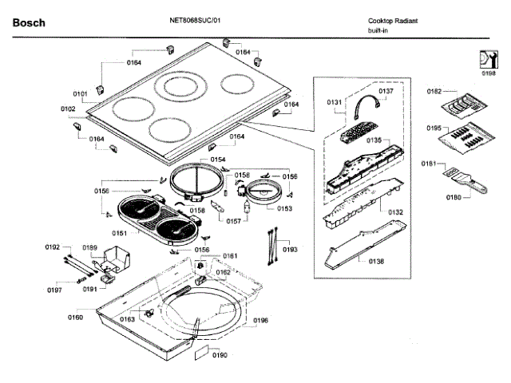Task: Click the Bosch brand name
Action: point(29,23)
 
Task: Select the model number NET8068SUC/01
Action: point(195,20)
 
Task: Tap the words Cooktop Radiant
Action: point(393,21)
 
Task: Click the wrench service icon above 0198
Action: point(489,59)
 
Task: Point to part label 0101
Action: point(80,94)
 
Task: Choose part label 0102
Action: point(68,109)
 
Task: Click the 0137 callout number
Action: point(386,91)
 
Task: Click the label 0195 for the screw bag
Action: point(434,128)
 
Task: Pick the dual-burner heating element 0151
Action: point(158,219)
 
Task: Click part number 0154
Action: point(218,160)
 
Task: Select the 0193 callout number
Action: point(290,250)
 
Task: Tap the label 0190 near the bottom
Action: point(220,355)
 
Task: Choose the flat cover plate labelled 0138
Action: point(366,244)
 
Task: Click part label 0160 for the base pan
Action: point(75,318)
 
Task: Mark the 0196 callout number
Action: point(261,321)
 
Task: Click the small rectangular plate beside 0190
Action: point(202,353)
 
